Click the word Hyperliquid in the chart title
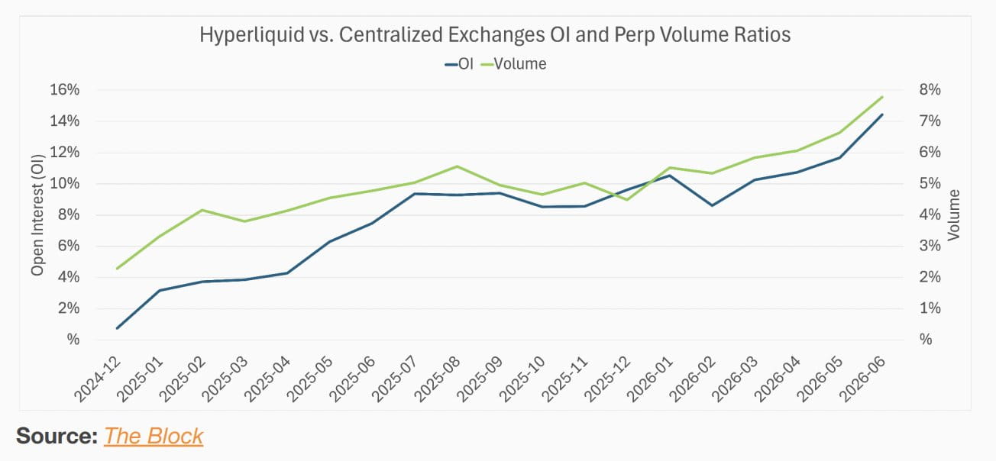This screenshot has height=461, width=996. click(251, 35)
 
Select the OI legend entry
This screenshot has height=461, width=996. click(459, 64)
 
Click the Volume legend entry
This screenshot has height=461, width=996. click(513, 64)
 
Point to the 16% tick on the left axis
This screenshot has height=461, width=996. click(64, 90)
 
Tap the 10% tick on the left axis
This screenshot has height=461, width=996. click(64, 183)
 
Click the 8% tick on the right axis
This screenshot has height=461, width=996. click(930, 90)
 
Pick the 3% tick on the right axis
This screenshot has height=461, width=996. click(930, 246)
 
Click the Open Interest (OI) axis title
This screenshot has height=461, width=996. click(38, 215)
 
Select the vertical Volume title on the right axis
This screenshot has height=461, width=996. click(954, 215)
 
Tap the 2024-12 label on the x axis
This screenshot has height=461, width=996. click(97, 379)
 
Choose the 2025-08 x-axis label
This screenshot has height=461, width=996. click(438, 379)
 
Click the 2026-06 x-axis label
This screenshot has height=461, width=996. click(862, 379)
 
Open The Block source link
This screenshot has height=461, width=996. click(154, 436)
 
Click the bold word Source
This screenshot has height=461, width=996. click(57, 436)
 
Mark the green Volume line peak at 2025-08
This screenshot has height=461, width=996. click(457, 166)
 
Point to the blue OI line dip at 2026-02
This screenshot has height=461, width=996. click(713, 205)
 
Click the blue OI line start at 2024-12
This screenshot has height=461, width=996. click(118, 328)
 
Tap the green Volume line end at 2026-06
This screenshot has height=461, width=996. click(882, 97)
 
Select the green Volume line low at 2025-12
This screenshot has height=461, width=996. click(627, 200)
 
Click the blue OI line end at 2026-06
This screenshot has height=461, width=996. click(882, 114)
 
